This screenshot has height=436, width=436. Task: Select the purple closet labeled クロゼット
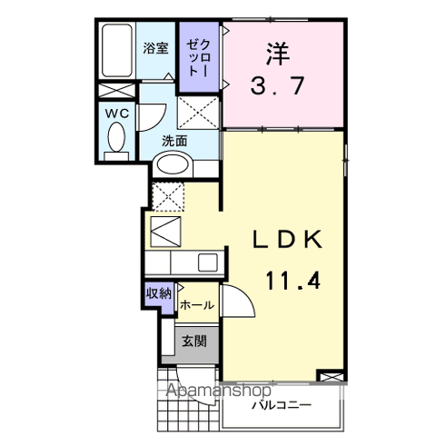(198, 58)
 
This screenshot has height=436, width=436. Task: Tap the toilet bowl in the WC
(116, 138)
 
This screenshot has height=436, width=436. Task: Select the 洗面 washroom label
(174, 141)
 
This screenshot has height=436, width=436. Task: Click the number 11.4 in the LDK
(292, 281)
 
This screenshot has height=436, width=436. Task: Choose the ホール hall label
(197, 306)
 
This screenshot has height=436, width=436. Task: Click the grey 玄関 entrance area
(193, 342)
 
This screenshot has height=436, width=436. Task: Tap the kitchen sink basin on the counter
(207, 263)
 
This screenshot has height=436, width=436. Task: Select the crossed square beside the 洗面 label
(198, 114)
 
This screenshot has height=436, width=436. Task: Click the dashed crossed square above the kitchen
(168, 195)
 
